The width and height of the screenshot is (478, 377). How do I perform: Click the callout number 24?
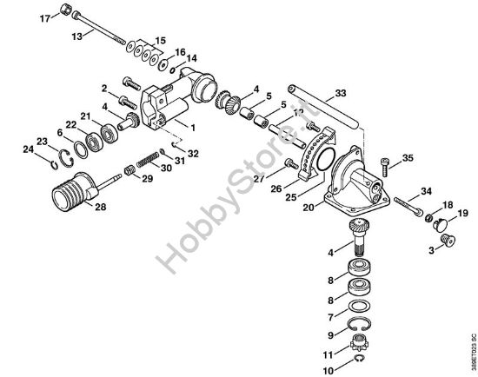click(28, 150)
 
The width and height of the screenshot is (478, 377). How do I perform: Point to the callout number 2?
click(103, 89)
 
